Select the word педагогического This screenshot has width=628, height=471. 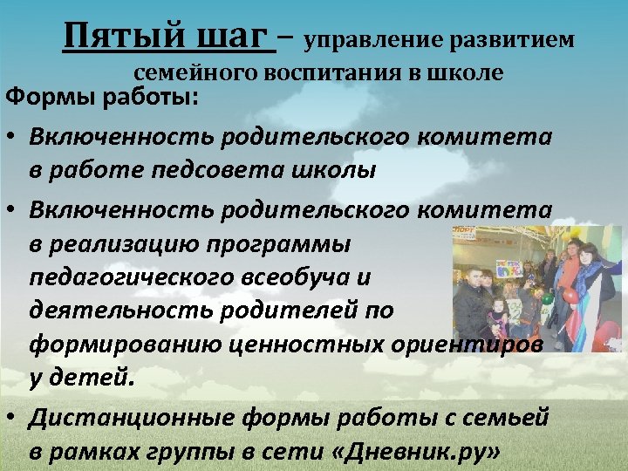[x=127, y=276]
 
